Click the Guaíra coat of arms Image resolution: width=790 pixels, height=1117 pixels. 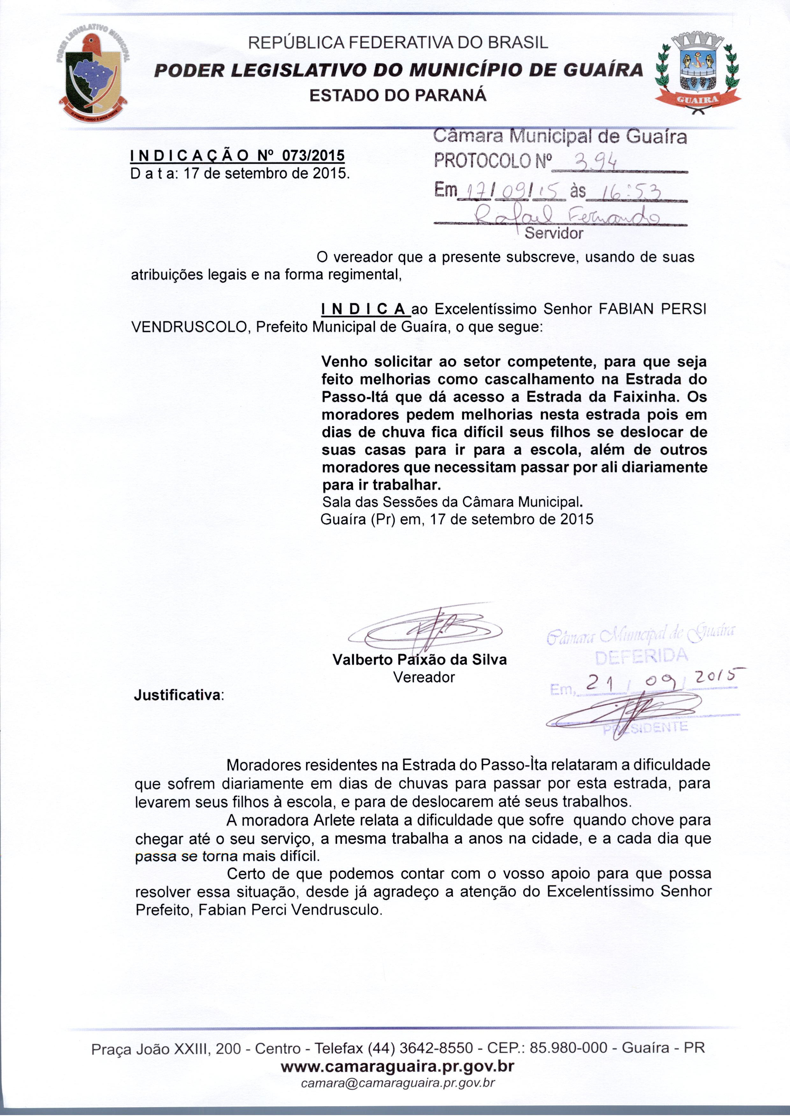pyautogui.click(x=698, y=73)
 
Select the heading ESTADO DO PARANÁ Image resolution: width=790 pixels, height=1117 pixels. pyautogui.click(x=398, y=95)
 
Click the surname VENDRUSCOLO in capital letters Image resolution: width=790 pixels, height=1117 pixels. pyautogui.click(x=190, y=326)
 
